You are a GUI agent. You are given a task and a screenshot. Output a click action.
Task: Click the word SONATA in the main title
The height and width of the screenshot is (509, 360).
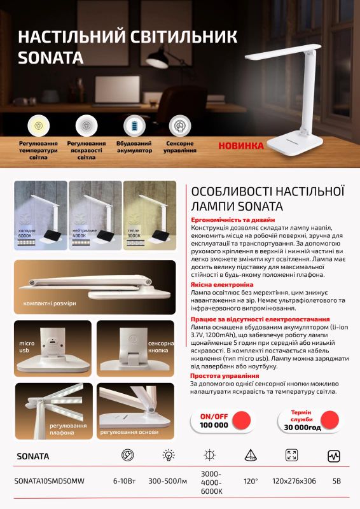(x=51, y=58)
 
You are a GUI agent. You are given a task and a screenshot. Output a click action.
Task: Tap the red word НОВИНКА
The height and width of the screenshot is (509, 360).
(x=240, y=145)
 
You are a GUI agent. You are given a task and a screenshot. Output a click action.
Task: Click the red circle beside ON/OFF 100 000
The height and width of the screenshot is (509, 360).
(x=242, y=420)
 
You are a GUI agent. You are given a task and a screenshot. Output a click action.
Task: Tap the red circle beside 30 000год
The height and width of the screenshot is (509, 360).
(x=329, y=419)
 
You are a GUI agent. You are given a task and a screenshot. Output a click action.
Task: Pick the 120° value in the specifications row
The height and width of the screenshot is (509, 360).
(x=250, y=481)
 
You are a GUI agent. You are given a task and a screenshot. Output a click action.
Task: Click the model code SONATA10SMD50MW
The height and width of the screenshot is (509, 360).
(x=47, y=481)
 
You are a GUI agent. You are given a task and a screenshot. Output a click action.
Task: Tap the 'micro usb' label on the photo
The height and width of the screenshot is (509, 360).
(x=26, y=347)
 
